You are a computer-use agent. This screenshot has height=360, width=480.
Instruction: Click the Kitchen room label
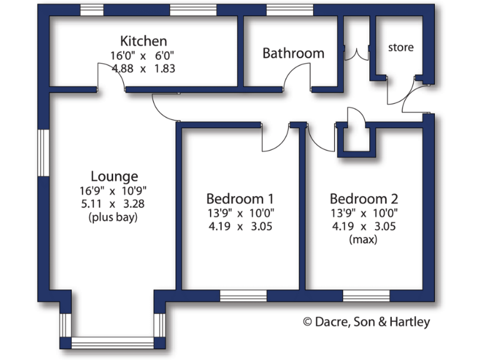144,41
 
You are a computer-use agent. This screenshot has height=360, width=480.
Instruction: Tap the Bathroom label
293,53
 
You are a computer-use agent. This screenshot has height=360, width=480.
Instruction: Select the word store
401,47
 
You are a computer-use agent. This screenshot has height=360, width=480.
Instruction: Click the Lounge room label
114,176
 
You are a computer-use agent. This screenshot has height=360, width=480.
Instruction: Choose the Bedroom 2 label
364,199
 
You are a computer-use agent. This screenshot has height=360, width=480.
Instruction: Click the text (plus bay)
114,217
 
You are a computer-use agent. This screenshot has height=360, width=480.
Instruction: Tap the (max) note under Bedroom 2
364,239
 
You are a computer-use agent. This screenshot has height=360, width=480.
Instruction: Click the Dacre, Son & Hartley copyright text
367,322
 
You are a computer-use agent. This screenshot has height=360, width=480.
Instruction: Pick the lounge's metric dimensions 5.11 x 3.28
114,204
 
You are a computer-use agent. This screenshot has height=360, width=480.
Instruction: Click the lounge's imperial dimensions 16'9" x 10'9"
114,190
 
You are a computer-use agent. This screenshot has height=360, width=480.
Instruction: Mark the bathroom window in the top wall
289,10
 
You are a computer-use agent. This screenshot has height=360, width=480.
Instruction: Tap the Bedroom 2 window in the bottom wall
366,294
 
